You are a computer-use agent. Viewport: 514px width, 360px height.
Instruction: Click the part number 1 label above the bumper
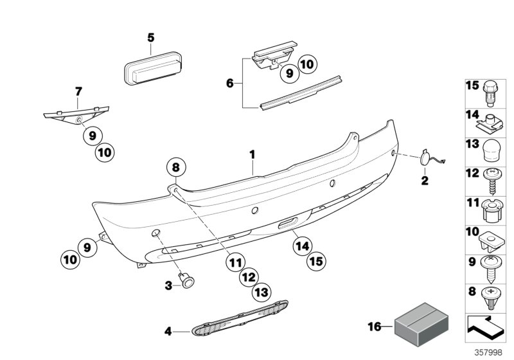point(253,154)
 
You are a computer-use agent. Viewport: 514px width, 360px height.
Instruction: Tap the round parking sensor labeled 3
point(188,282)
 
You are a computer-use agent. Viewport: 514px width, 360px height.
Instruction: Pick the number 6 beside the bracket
point(229,82)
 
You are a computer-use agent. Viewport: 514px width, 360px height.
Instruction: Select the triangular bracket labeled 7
point(76,113)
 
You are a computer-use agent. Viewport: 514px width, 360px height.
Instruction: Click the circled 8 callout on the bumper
point(176,168)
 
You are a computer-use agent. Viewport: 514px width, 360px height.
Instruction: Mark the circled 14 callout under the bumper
point(302,244)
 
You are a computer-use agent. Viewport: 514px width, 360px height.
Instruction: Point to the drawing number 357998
point(488,353)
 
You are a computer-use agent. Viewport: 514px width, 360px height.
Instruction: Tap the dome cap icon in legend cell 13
point(490,154)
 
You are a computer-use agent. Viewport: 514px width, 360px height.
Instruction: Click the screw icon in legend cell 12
point(490,181)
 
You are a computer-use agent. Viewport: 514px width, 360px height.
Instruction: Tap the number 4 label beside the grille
point(168,332)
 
